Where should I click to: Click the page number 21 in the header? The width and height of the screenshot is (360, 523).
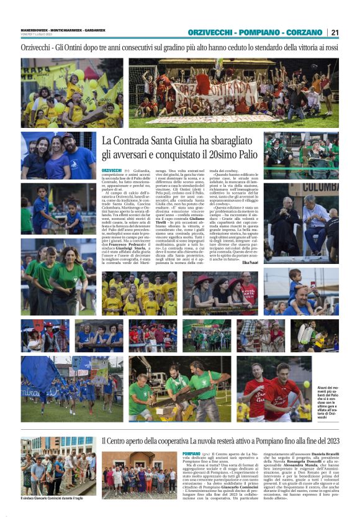point(335,32)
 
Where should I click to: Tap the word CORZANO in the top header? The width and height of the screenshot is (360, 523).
point(305,32)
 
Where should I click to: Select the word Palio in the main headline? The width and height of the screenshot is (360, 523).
point(243,154)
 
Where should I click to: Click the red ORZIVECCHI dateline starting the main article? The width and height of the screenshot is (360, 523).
point(112,170)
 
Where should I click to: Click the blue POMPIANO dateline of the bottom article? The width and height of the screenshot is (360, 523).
point(192,454)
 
